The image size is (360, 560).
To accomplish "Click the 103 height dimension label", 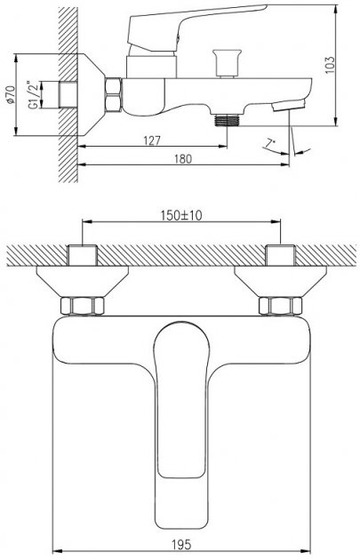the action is (331, 65).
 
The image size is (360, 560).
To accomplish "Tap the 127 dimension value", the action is (152, 140).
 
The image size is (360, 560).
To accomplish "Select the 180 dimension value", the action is (183, 159).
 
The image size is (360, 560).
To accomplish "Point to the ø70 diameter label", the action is (11, 94).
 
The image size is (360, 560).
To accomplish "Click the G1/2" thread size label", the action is (33, 94).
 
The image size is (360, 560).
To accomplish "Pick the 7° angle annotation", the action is (270, 144).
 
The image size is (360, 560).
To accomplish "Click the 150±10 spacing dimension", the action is (181, 215).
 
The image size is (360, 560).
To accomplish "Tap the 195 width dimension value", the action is (181, 545).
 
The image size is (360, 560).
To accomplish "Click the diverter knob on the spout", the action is (227, 63).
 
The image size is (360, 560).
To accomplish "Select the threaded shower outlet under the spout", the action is (228, 120).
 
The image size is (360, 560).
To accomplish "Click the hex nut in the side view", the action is (114, 94).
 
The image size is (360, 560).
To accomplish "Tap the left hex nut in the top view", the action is (83, 306).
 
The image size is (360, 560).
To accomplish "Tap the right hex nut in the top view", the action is (280, 306).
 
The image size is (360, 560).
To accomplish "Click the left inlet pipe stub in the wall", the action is (83, 255).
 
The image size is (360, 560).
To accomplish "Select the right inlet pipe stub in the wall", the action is (280, 255).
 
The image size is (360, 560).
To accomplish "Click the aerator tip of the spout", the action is (289, 106).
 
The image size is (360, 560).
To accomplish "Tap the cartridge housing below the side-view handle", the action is (151, 67).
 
